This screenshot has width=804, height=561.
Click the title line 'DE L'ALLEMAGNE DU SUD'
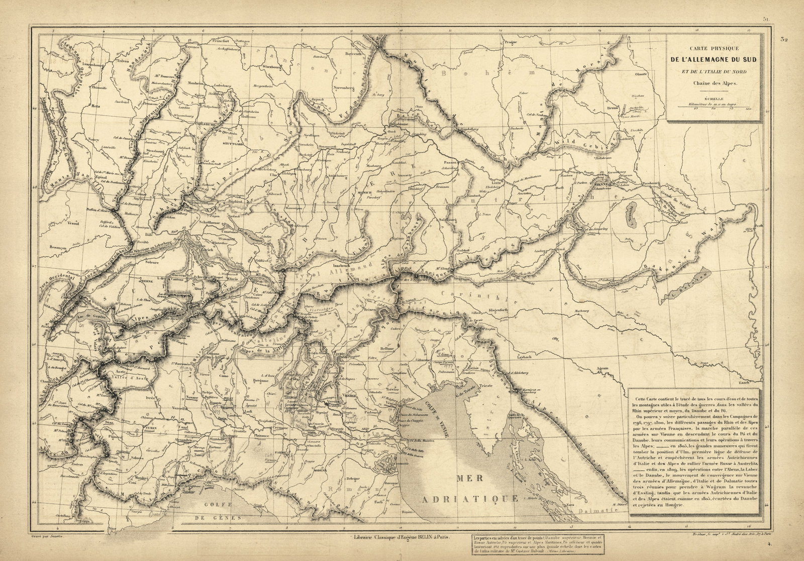pos(713,60)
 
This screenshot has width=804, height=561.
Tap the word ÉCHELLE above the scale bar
pos(713,99)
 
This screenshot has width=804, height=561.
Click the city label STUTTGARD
pos(233,144)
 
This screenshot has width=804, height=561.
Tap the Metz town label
pos(95,106)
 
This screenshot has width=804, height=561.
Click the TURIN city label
pos(151,428)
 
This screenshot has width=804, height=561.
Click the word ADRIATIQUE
pos(470,499)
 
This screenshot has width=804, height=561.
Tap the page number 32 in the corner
pos(784,39)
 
